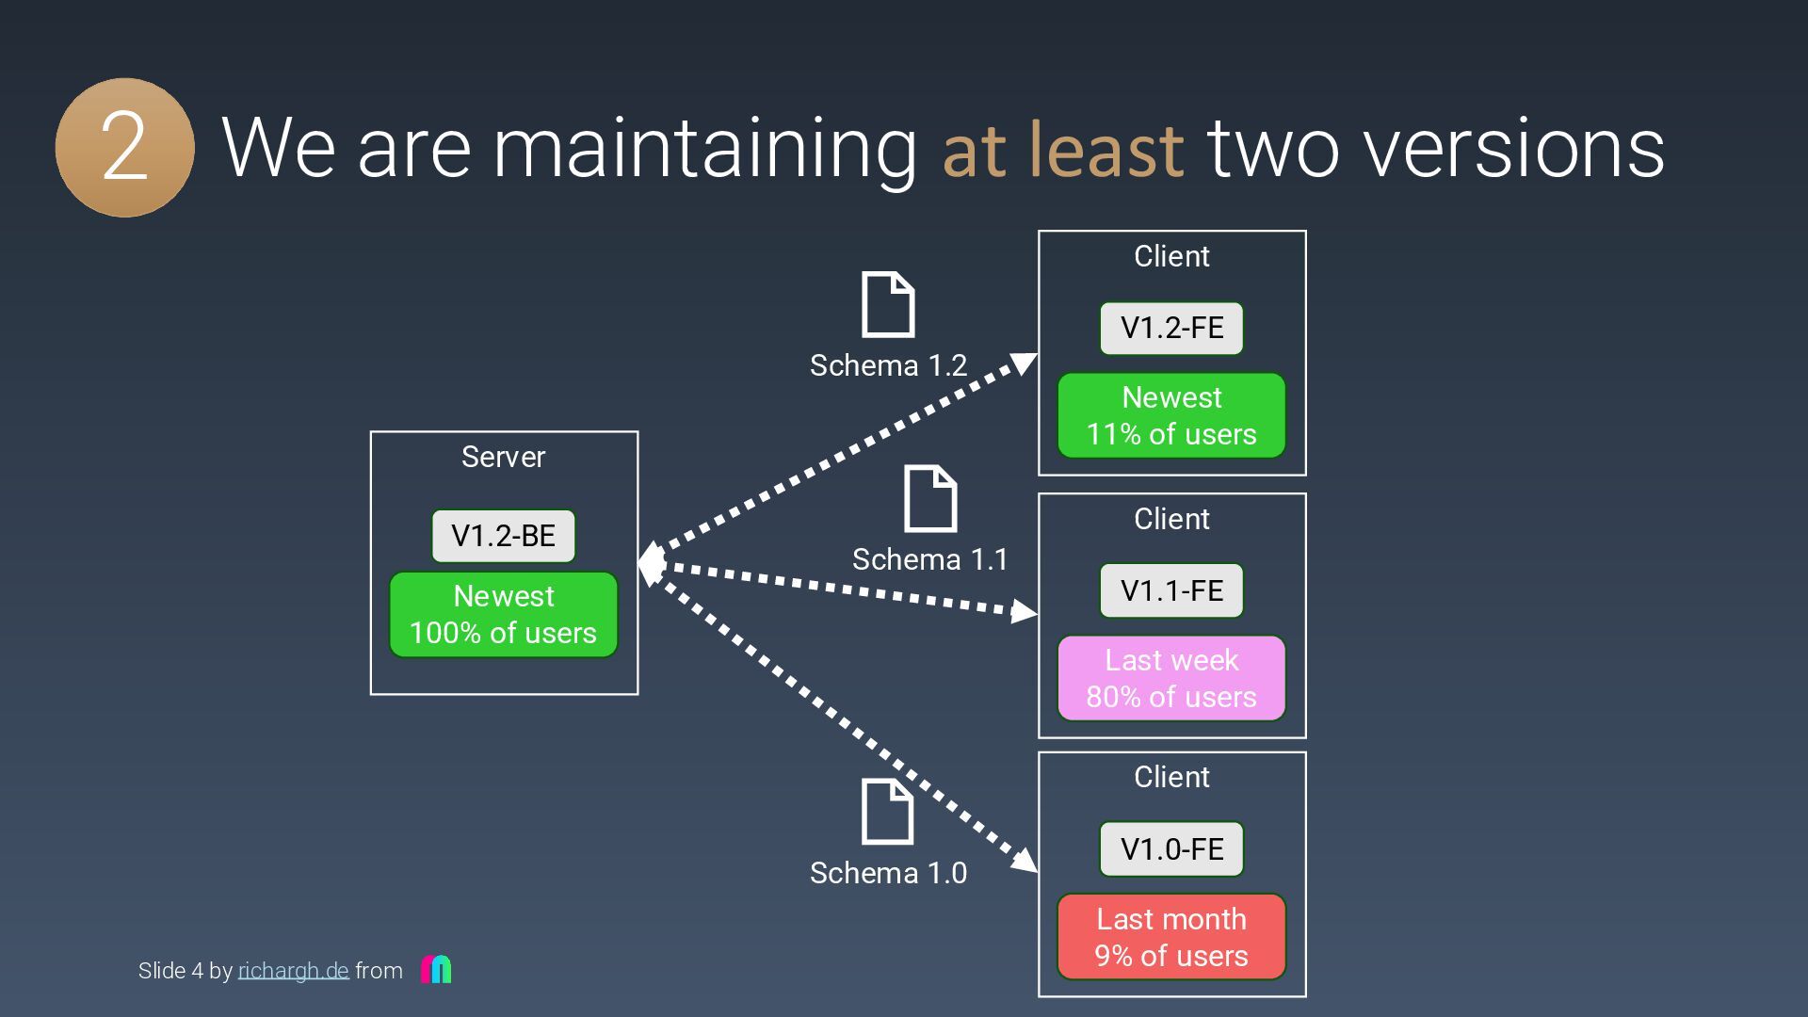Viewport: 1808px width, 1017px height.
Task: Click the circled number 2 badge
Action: tap(125, 148)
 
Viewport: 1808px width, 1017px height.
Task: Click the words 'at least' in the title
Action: tap(1062, 149)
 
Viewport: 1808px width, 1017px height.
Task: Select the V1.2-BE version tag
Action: tap(503, 536)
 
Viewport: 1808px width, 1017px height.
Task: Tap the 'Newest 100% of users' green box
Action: tap(503, 614)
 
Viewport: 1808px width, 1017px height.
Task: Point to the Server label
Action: tap(503, 457)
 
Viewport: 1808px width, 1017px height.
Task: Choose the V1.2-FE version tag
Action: tap(1171, 328)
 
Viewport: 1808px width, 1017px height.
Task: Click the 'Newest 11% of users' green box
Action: tap(1171, 415)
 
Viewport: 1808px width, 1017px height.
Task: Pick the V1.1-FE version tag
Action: tap(1171, 590)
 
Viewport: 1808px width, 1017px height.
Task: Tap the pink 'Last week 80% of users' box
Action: tap(1171, 678)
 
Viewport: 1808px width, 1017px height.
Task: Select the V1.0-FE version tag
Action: tap(1171, 848)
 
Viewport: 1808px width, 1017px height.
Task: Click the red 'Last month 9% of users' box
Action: tap(1171, 937)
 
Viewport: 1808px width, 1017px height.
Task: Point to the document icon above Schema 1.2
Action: tap(888, 304)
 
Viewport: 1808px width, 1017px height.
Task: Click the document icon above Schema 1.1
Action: tap(930, 498)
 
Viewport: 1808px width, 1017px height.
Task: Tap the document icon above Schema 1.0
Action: tap(887, 812)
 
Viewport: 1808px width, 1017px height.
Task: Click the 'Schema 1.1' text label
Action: tap(929, 559)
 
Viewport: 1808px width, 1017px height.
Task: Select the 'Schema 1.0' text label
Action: tap(888, 873)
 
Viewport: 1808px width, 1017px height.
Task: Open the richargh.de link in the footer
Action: tap(293, 971)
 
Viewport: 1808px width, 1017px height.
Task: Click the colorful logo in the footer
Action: tap(436, 969)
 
